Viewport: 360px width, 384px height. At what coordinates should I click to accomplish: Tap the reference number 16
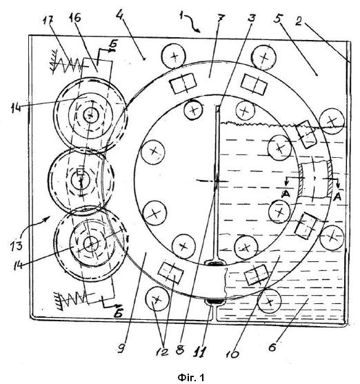coord(74,18)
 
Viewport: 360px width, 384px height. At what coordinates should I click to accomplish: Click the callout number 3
coord(251,17)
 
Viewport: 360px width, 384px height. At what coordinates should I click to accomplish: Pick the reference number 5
coord(277,18)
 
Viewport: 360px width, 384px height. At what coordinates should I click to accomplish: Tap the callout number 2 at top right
coord(298,21)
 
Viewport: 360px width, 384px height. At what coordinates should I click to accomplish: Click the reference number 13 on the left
coord(17,245)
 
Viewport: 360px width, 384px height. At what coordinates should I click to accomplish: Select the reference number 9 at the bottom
coord(121,348)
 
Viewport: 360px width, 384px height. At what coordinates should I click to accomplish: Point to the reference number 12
coord(162,352)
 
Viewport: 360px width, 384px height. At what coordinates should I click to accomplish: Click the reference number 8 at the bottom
coord(180,350)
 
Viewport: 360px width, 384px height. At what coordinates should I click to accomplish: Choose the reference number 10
coord(232,354)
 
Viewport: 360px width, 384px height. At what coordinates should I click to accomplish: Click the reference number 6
coord(272,347)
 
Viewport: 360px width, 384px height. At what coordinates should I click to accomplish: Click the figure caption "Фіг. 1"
coord(191,377)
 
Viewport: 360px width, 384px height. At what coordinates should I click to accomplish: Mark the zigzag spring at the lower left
coord(71,299)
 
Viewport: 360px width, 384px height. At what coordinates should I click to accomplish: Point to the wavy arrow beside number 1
coord(193,23)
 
